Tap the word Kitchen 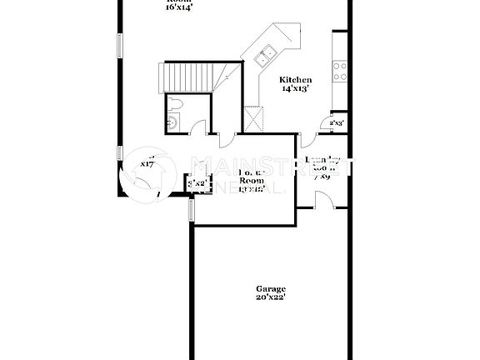[x=295, y=79]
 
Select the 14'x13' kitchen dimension [x=295, y=87]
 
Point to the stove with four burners [x=340, y=71]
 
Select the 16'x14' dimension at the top [x=178, y=7]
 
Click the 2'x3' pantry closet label [x=337, y=122]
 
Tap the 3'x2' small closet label [x=197, y=183]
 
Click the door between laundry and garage [x=324, y=200]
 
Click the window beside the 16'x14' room [x=120, y=45]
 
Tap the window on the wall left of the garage [x=192, y=210]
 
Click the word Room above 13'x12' [x=251, y=180]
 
